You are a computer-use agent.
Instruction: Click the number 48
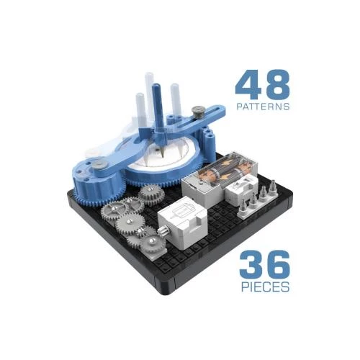(263, 84)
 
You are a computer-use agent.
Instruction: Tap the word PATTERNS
(263, 107)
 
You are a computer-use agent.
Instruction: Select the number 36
(264, 265)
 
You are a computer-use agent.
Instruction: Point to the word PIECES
(265, 287)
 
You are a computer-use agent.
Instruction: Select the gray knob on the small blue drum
(100, 165)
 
